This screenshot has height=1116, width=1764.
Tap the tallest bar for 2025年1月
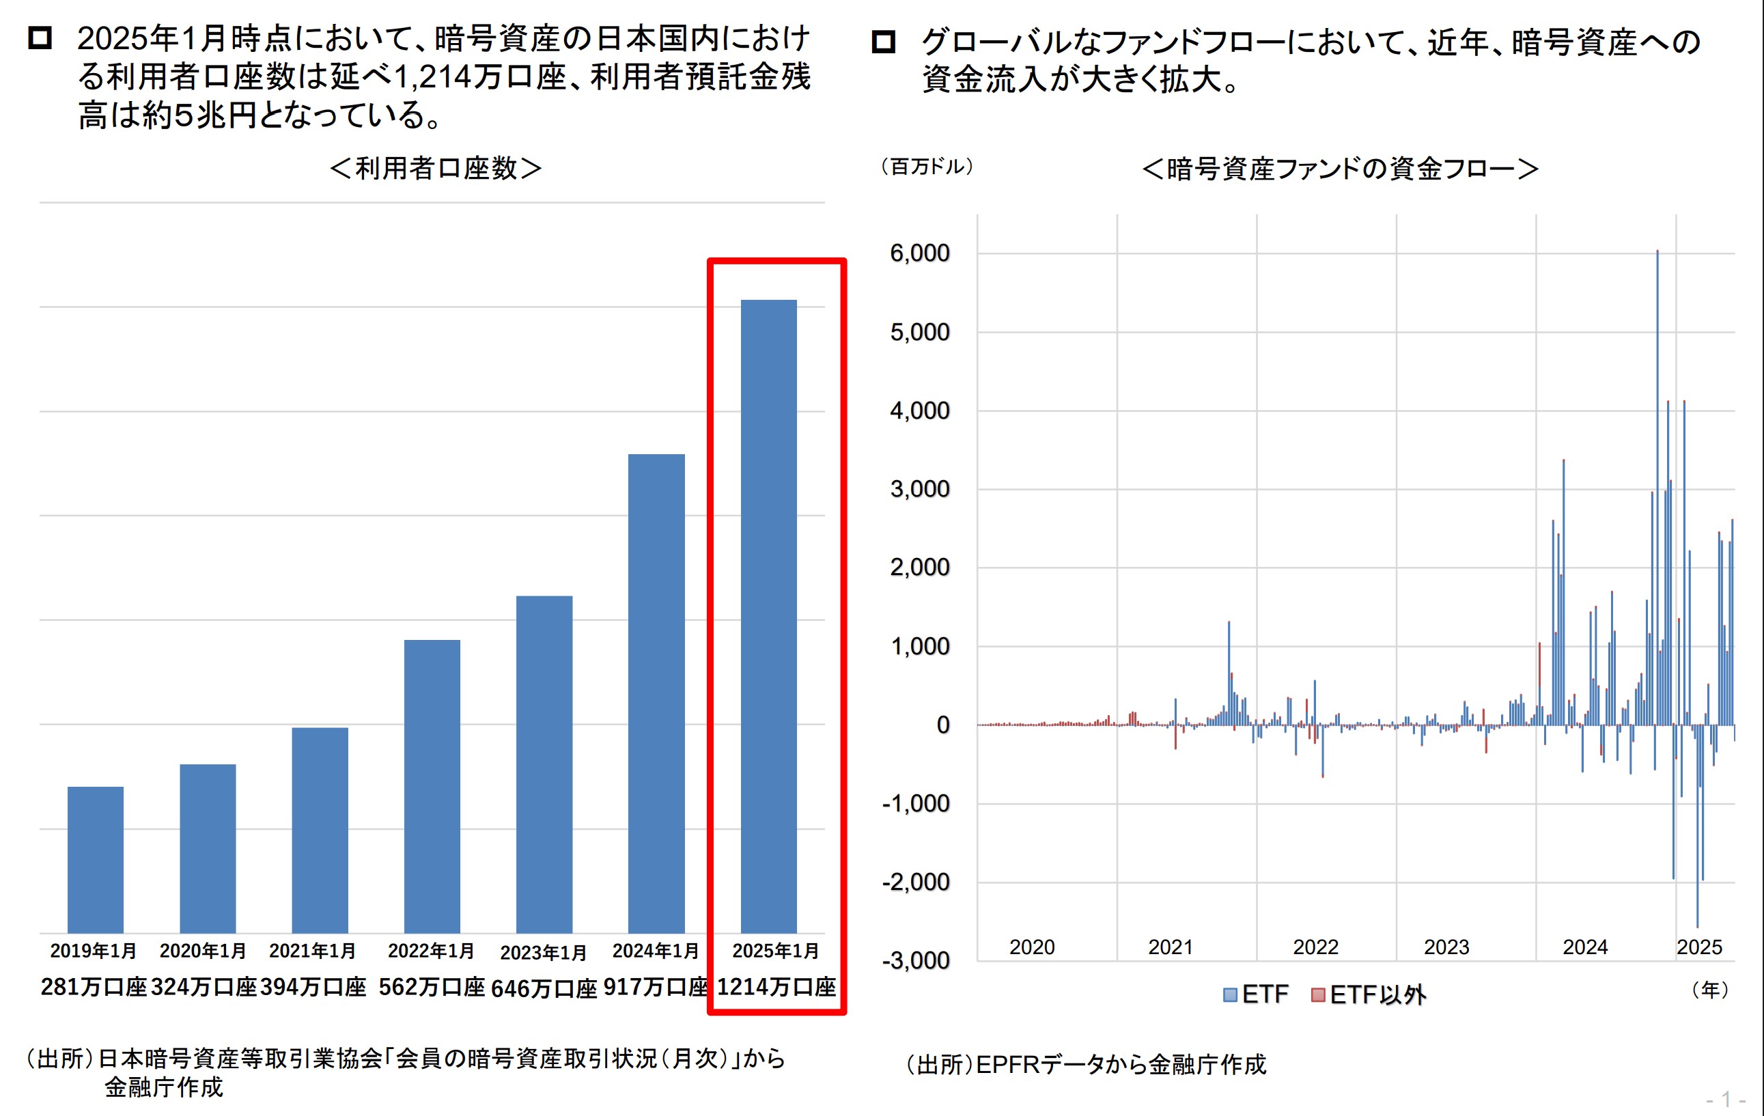coord(768,615)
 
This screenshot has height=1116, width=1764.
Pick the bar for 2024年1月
coord(656,693)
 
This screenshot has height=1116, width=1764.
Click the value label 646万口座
coord(544,988)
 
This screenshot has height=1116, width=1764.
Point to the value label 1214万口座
coord(776,987)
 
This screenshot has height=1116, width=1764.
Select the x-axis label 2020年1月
coord(203,951)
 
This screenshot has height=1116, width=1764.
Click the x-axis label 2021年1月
coord(312,951)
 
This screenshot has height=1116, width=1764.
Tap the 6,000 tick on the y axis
coord(919,253)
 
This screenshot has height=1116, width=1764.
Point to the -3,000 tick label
coord(916,960)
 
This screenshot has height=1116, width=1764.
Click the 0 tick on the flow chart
coord(943,725)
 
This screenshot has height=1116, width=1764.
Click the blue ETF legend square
coord(1230,994)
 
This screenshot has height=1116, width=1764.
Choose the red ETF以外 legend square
coord(1318,994)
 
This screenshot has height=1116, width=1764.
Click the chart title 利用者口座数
coord(436,169)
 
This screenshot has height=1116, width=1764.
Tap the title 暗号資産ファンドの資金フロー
coord(1340,169)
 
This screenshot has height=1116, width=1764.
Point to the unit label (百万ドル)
coord(927,167)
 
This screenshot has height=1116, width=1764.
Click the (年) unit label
coord(1710,990)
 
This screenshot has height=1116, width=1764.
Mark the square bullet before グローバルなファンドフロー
coord(884,42)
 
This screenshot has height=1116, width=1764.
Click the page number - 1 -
coord(1725,1099)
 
